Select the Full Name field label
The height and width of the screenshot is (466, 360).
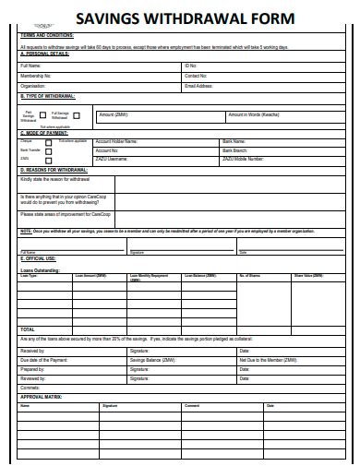[30, 66]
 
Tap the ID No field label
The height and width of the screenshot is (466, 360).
[190, 66]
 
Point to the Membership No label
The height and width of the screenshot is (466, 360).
[35, 76]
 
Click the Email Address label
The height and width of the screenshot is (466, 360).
[198, 85]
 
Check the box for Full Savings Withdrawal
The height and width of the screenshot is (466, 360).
[78, 116]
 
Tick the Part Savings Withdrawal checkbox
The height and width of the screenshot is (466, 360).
[42, 117]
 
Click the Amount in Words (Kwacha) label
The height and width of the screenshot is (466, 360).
[253, 114]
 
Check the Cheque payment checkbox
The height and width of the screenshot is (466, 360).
[48, 142]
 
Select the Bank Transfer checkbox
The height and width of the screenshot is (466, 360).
[48, 150]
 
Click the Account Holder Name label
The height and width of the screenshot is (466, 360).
[116, 141]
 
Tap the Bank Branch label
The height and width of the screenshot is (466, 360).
[234, 149]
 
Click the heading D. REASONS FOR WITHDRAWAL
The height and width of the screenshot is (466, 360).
[57, 170]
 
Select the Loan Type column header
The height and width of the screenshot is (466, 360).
[29, 276]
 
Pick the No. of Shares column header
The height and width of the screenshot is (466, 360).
[250, 276]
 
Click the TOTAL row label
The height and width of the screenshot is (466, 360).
[28, 329]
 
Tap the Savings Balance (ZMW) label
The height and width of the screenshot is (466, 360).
[152, 360]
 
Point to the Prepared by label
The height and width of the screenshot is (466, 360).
[32, 369]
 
